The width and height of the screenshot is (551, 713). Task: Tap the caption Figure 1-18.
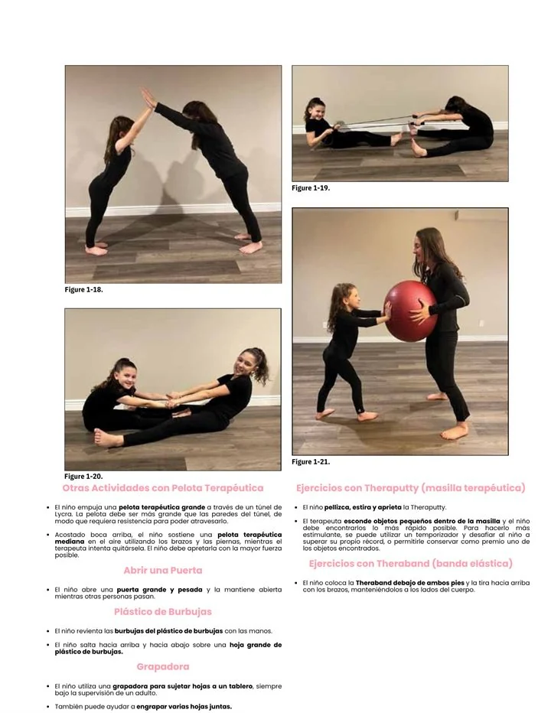click(83, 290)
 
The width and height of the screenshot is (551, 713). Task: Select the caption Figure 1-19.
click(311, 187)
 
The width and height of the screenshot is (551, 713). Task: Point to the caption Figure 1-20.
click(83, 477)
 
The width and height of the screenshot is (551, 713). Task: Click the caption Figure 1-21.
click(311, 462)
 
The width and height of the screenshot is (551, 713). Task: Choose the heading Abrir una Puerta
click(163, 570)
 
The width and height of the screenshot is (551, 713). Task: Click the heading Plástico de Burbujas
click(163, 611)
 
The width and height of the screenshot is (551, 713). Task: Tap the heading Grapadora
click(163, 666)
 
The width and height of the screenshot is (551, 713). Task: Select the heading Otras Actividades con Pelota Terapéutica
click(163, 488)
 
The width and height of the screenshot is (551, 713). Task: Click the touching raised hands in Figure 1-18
click(148, 97)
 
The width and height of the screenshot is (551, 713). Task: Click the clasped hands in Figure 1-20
click(172, 401)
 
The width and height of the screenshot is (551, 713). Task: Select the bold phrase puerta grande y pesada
click(159, 590)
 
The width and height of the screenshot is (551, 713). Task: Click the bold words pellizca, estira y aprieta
click(363, 507)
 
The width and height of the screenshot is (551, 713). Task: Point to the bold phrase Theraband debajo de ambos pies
click(410, 583)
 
